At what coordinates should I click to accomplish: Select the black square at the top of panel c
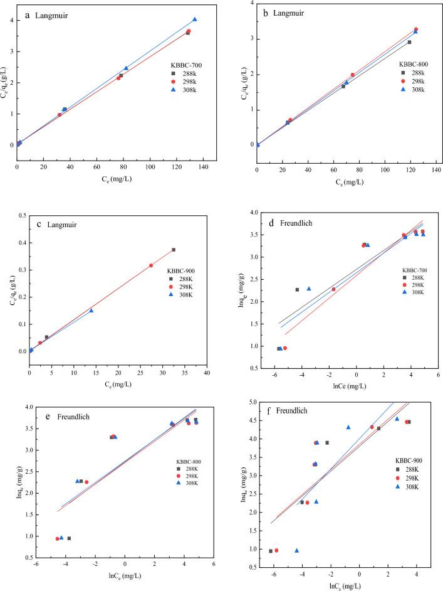click(174, 250)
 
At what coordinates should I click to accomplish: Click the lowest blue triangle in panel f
click(296, 550)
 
